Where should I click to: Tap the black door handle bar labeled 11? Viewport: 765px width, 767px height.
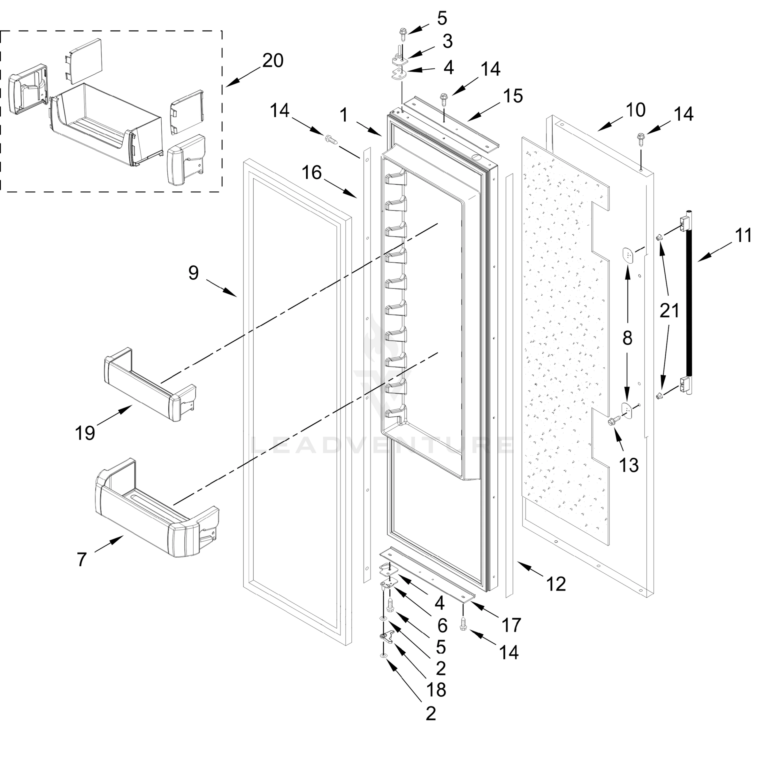tap(690, 306)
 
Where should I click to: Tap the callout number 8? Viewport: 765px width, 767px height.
tap(627, 338)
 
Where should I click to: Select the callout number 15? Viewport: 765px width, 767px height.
tap(513, 96)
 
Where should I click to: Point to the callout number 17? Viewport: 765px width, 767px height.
tap(511, 625)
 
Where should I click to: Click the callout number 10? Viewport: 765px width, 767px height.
tap(635, 110)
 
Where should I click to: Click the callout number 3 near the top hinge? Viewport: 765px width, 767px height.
tap(448, 41)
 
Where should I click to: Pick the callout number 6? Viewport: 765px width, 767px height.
tap(442, 626)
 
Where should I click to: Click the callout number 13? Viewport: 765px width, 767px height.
tap(629, 465)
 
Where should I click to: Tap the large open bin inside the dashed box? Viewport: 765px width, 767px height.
tap(105, 123)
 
